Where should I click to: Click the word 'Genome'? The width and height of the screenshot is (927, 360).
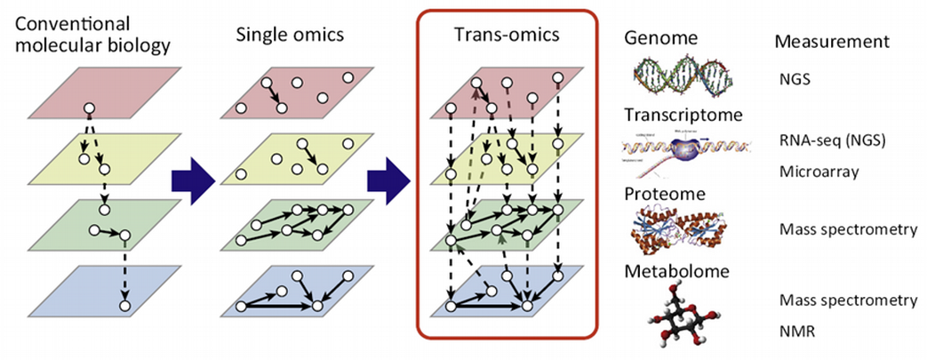click(660, 40)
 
